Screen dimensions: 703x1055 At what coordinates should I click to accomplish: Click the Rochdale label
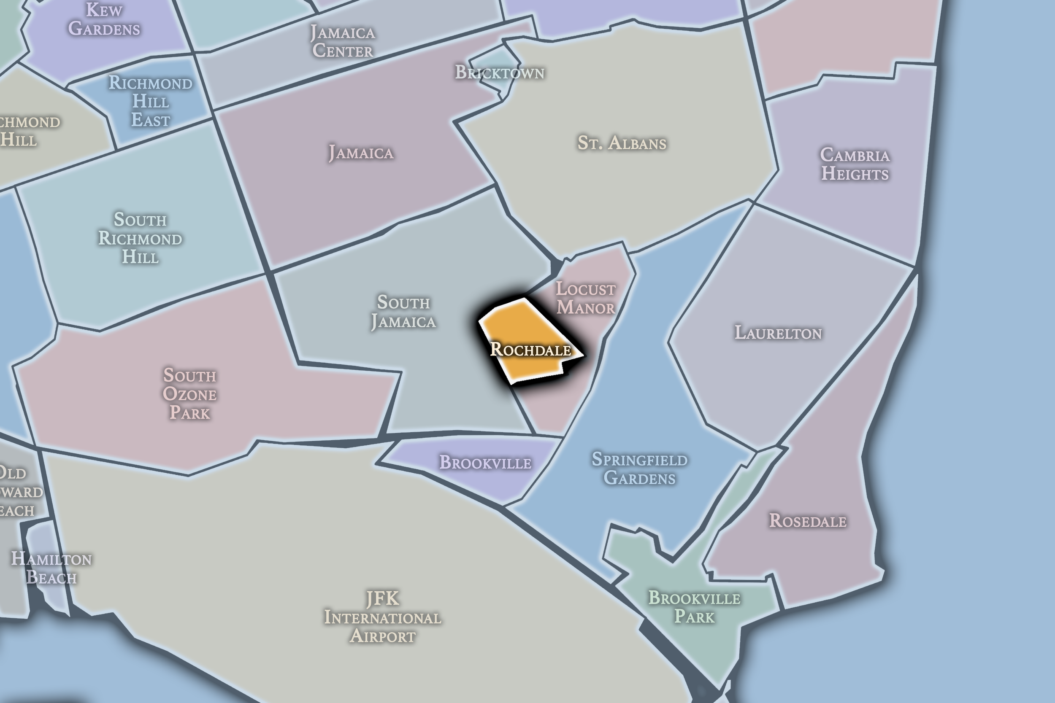[x=530, y=350]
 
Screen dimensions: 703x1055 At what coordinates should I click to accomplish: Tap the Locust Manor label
[x=585, y=299]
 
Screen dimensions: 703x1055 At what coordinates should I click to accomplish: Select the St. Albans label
[x=621, y=143]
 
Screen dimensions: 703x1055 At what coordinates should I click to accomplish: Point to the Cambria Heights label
[x=855, y=164]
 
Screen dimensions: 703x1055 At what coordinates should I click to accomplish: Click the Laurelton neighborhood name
[x=778, y=333]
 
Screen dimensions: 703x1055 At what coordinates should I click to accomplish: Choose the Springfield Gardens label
[x=639, y=469]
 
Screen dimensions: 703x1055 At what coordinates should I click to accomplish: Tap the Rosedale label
[x=807, y=521]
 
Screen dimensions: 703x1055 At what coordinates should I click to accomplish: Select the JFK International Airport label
[x=382, y=617]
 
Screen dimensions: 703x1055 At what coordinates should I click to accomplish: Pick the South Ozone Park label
[x=190, y=394]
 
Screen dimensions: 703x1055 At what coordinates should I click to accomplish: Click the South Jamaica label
[x=403, y=312]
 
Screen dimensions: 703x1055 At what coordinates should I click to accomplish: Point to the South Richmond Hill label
[x=140, y=239]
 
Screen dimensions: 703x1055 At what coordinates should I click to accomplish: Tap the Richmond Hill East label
[x=150, y=102]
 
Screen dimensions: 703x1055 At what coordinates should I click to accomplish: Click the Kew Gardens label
[x=104, y=19]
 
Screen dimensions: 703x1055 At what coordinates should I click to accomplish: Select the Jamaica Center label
[x=343, y=42]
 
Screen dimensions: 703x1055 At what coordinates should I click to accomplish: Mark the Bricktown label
[x=500, y=73]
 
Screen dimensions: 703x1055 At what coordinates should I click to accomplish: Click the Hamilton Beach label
[x=51, y=568]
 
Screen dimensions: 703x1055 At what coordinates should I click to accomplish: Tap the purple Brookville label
[x=485, y=463]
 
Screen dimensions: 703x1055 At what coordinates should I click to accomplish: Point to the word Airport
[x=382, y=636]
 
